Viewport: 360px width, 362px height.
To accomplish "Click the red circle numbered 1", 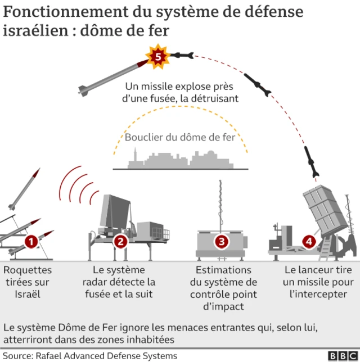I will click(x=31, y=242).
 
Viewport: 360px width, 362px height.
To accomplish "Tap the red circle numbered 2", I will click(x=120, y=242).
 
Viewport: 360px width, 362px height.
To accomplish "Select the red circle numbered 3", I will click(x=222, y=242).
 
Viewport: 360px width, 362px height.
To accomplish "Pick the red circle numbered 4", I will click(x=309, y=242).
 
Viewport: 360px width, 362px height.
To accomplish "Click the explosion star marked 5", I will click(x=158, y=57).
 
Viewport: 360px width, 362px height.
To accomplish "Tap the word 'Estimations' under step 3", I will click(x=224, y=270).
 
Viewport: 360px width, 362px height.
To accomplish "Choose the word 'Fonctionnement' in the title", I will click(x=61, y=12).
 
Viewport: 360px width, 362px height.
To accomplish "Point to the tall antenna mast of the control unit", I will click(x=220, y=205).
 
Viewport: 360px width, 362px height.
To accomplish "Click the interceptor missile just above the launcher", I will click(x=311, y=161).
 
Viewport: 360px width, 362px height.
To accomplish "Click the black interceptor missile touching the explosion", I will click(x=181, y=55).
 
